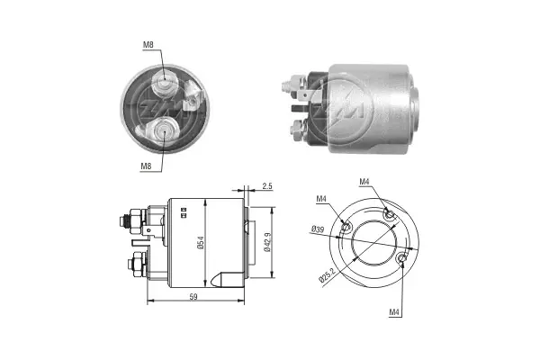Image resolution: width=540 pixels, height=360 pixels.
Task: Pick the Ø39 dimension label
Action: [317, 230]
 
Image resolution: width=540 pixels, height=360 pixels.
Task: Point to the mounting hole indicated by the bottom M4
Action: [400, 261]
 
